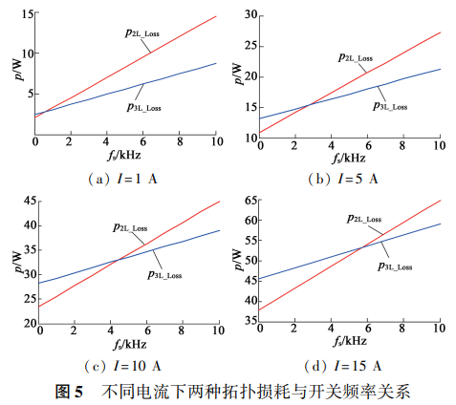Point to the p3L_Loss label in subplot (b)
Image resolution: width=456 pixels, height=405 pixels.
coord(389,106)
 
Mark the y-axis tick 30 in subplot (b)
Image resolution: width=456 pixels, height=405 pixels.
coord(252,14)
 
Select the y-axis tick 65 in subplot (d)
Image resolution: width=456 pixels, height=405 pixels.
coord(252,201)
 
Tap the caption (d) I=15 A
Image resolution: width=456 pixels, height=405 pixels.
coord(345,366)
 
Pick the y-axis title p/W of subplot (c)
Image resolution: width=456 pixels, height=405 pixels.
coord(13,258)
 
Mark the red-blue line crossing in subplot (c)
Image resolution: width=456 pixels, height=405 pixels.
coord(117,260)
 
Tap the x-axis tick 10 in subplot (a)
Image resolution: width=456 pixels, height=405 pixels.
coord(216,143)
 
